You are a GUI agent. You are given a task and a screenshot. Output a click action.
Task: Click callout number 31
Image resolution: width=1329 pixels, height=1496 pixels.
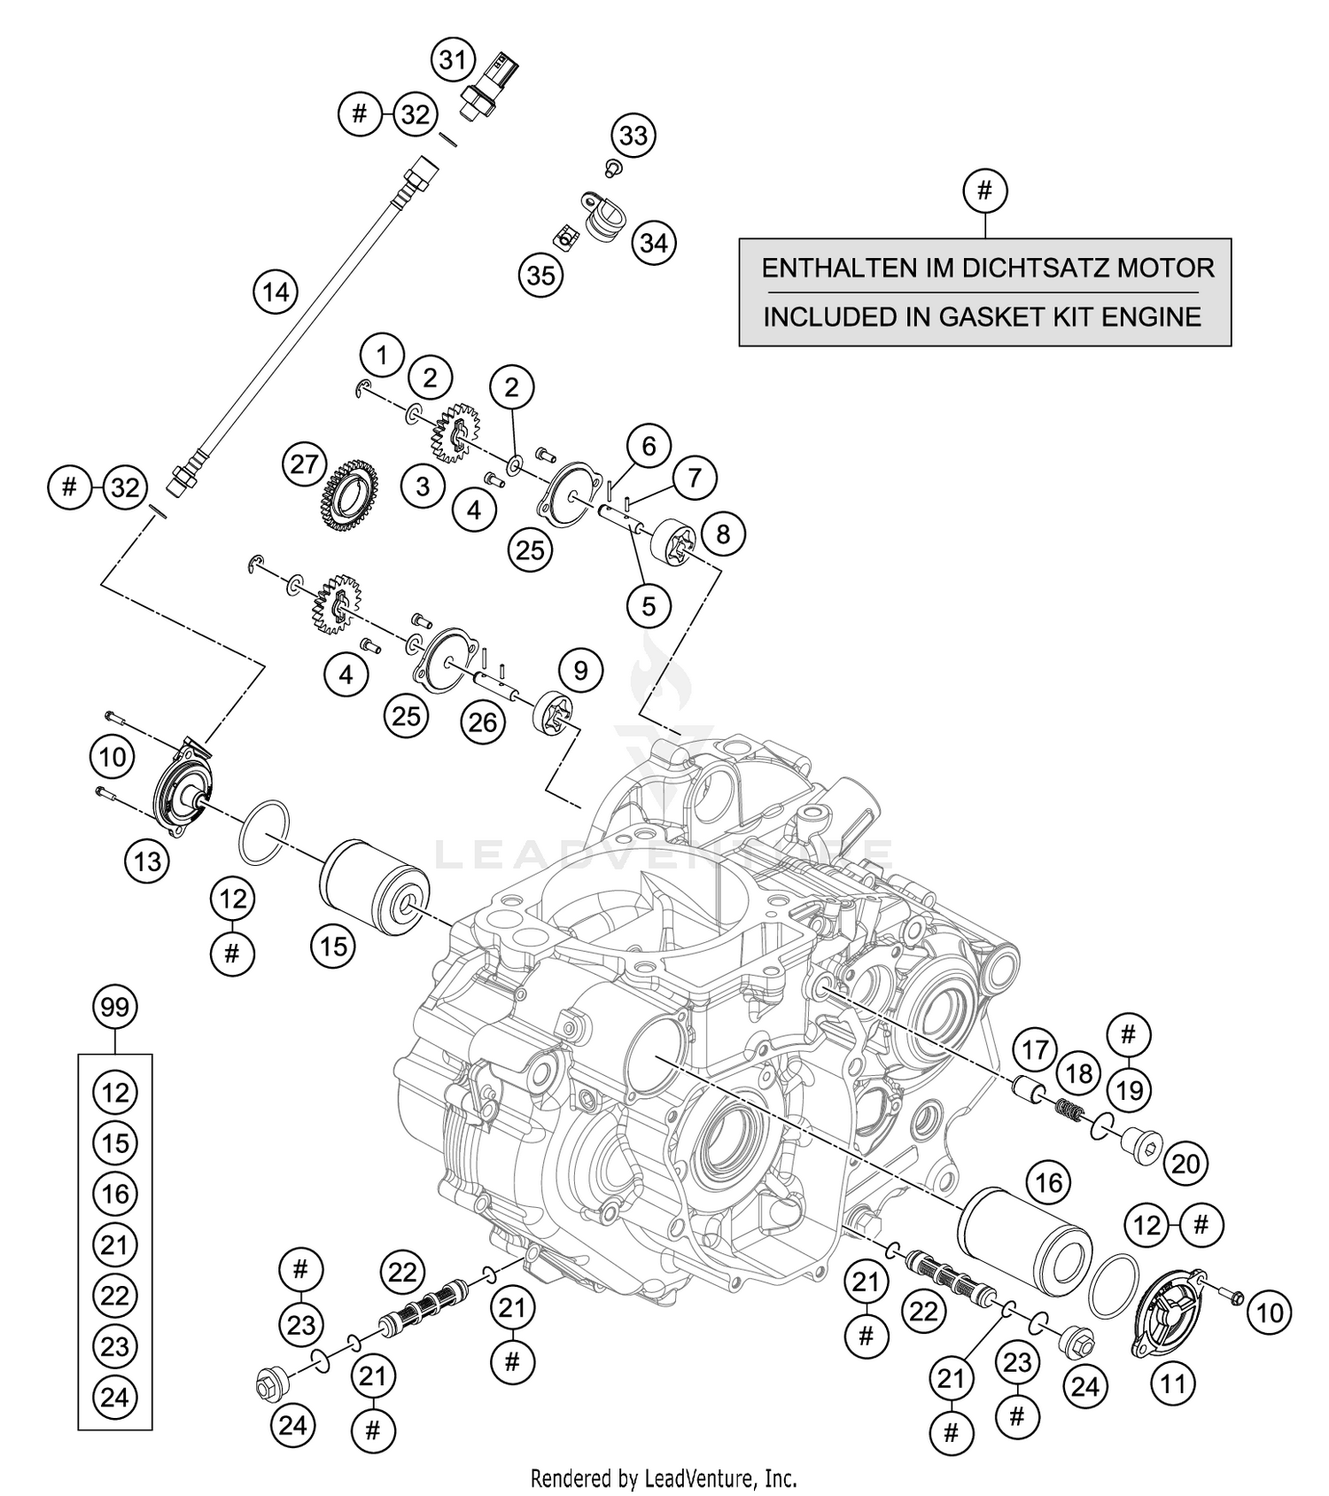(453, 61)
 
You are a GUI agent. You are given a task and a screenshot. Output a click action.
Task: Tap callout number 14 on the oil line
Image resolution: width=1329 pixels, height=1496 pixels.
(276, 292)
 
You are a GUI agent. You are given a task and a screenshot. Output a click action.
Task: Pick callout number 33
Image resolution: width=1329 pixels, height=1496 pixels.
(633, 136)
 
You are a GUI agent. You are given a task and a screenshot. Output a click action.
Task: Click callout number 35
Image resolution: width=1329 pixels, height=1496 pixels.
(540, 276)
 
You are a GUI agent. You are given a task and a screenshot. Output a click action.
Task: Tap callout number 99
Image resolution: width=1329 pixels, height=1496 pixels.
(115, 1008)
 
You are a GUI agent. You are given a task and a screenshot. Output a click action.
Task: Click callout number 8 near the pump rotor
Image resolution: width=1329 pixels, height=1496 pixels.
(722, 534)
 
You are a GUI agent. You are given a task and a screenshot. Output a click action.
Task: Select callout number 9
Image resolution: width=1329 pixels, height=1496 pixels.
(580, 670)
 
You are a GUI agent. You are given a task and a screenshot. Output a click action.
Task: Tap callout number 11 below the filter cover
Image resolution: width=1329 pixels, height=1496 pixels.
(1173, 1383)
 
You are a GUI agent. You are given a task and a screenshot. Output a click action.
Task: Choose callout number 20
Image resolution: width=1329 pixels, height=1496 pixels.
(1185, 1163)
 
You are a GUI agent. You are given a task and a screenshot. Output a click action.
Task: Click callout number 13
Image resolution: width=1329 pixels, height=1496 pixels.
(147, 861)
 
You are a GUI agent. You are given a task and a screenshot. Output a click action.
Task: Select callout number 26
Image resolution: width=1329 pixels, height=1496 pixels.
(483, 722)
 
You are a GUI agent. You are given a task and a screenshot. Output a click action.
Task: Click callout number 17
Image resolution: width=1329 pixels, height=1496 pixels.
(1035, 1050)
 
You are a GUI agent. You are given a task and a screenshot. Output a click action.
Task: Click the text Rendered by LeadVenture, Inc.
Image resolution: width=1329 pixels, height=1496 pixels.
(664, 1478)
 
